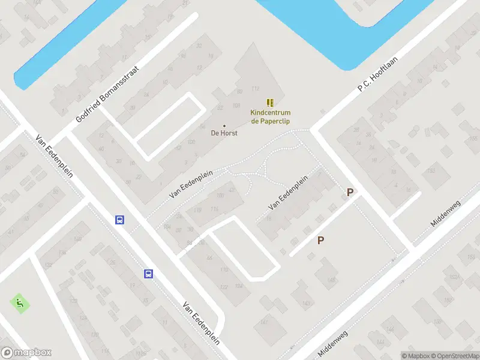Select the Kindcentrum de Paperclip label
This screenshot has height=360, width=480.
point(270,116)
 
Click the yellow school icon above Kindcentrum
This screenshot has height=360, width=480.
point(270,103)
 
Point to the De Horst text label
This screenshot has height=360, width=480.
point(224,133)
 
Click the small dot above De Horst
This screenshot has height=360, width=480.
point(224,125)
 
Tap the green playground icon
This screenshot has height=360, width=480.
point(20,303)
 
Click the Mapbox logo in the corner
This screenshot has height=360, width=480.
point(26,353)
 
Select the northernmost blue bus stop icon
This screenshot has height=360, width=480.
point(120,220)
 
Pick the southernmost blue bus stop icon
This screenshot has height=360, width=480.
point(148,274)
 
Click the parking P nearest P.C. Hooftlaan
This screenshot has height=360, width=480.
point(350,193)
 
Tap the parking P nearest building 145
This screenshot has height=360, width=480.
point(320,240)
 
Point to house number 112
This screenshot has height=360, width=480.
point(255,89)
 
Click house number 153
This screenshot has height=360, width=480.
point(430,171)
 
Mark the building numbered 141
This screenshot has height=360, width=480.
point(264,323)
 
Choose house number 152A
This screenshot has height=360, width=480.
point(453,277)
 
